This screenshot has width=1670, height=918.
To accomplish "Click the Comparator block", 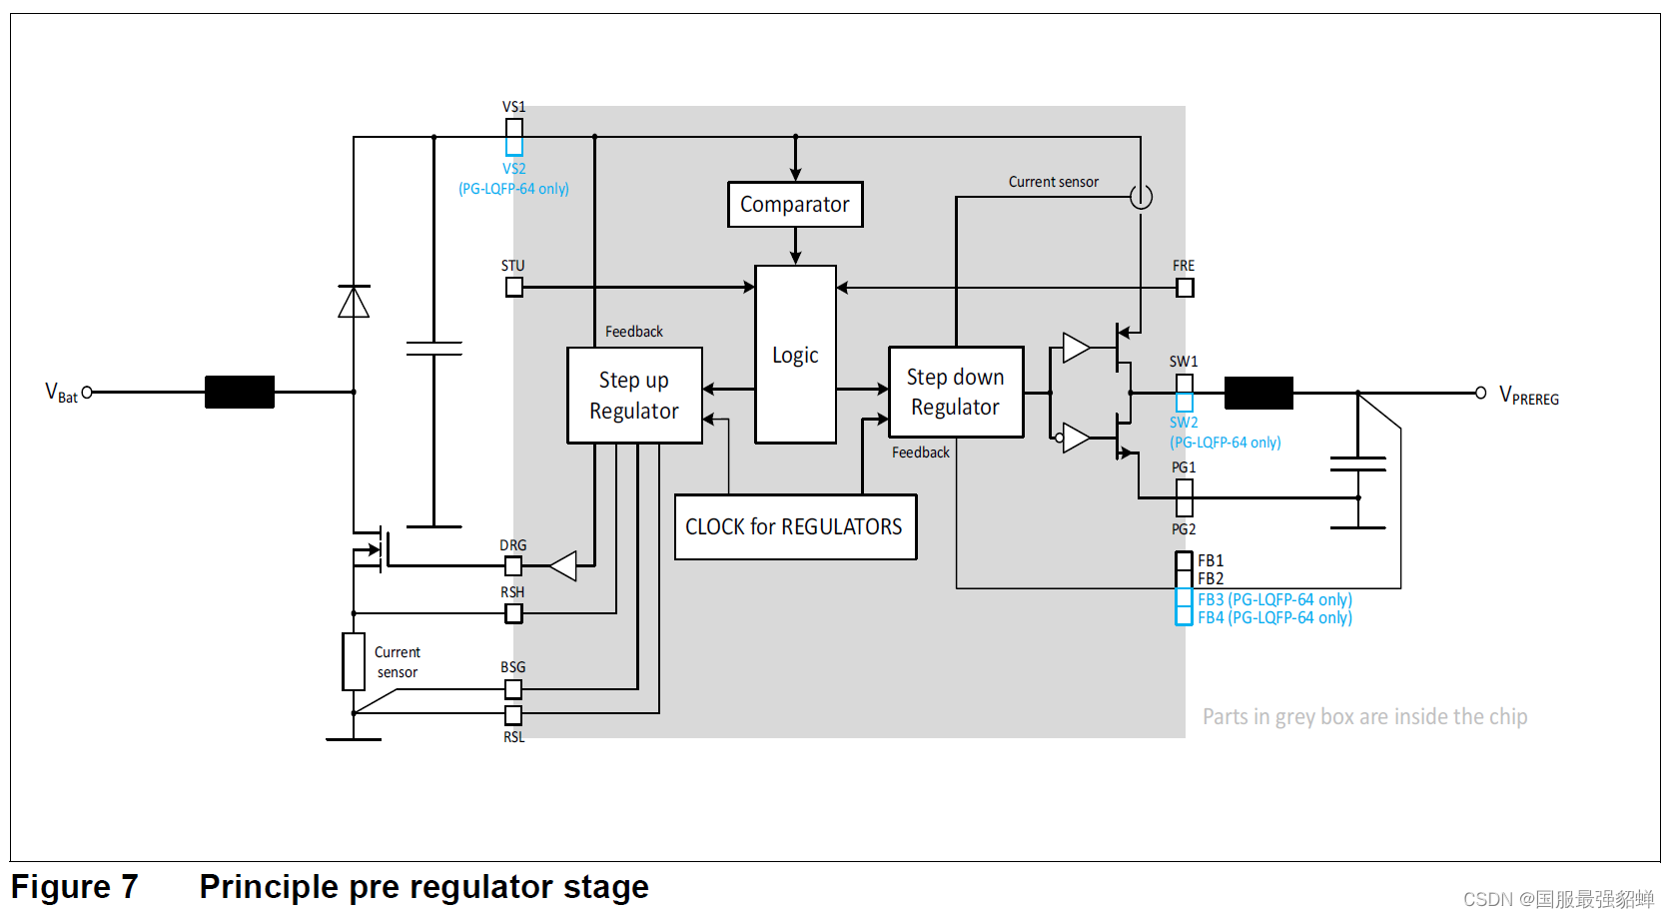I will tap(795, 205).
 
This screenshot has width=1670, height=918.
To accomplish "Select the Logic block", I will tap(795, 355).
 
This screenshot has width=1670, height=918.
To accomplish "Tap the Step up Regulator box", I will tap(634, 396).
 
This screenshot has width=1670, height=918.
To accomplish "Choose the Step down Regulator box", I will tap(956, 392).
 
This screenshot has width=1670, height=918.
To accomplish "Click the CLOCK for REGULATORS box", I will tap(795, 526).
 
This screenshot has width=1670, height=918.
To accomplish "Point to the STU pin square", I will tap(513, 288).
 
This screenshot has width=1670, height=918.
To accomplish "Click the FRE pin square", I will tap(1185, 288).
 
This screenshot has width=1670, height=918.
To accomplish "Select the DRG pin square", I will tap(513, 566).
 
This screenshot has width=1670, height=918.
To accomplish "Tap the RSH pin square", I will tap(513, 613).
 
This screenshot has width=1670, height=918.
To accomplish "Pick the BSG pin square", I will tap(513, 688).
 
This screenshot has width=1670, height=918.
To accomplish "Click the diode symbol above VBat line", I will tap(354, 301).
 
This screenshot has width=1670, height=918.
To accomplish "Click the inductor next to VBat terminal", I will tap(240, 393).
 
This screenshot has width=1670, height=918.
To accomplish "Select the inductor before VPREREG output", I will tap(1258, 394).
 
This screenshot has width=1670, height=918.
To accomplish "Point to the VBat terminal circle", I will tap(87, 393).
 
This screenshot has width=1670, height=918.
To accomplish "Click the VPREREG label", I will tap(1528, 396).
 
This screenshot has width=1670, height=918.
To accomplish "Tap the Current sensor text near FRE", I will tap(1053, 182).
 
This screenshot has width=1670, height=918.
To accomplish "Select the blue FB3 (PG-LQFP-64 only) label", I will tap(1274, 599).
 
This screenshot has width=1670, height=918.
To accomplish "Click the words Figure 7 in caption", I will tap(74, 887).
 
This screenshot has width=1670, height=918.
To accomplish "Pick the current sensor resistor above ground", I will tap(354, 661).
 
